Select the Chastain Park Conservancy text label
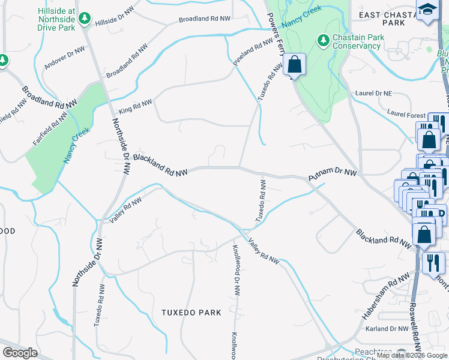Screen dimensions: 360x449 [358, 41]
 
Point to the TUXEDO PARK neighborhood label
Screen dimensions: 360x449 [191, 313]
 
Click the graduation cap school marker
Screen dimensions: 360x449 [427, 10]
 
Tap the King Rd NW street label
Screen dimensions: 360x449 [135, 106]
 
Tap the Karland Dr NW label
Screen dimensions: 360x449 [387, 328]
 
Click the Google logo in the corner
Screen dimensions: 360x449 [20, 352]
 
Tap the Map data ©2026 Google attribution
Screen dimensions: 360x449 [412, 355]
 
